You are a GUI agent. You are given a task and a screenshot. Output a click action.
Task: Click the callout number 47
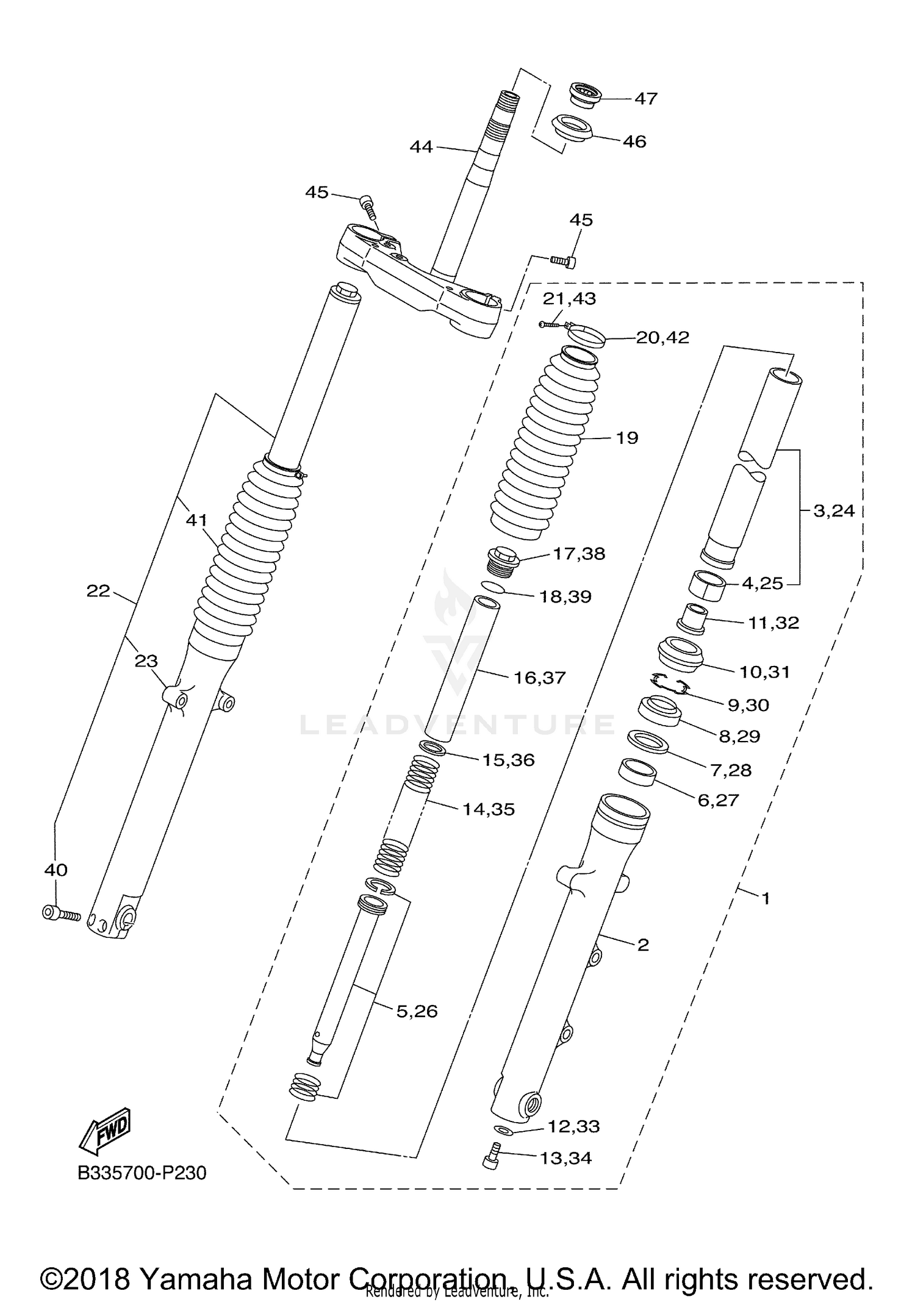click(x=646, y=98)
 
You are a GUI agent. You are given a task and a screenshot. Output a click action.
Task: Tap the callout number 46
click(x=634, y=141)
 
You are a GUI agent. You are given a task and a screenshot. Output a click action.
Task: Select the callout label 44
click(x=421, y=146)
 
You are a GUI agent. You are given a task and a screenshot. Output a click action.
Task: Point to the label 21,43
click(x=569, y=299)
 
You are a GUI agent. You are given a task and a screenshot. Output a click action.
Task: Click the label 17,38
click(x=579, y=554)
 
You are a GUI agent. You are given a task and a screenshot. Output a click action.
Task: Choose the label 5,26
click(x=417, y=1011)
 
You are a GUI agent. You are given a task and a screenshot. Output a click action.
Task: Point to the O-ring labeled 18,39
click(x=492, y=587)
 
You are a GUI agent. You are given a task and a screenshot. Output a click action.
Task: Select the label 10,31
click(x=764, y=672)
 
